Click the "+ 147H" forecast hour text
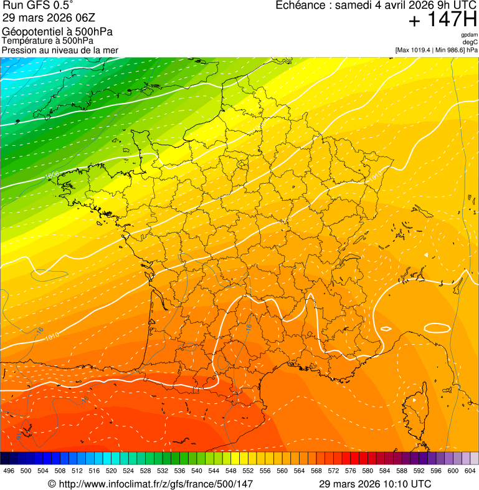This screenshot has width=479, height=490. pyautogui.click(x=442, y=21)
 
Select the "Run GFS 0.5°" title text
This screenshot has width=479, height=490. pyautogui.click(x=38, y=6)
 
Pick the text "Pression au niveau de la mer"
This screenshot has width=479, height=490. pyautogui.click(x=60, y=50)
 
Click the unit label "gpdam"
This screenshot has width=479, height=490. pyautogui.click(x=469, y=36)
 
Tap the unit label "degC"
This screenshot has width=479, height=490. pyautogui.click(x=470, y=42)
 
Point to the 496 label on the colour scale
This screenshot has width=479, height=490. pyautogui.click(x=9, y=471)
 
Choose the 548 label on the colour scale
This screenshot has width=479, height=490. pyautogui.click(x=230, y=471)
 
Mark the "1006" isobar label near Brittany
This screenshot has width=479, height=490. pyautogui.click(x=52, y=175)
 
